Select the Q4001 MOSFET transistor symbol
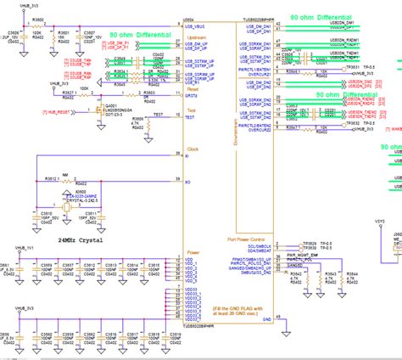click(x=103, y=112)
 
